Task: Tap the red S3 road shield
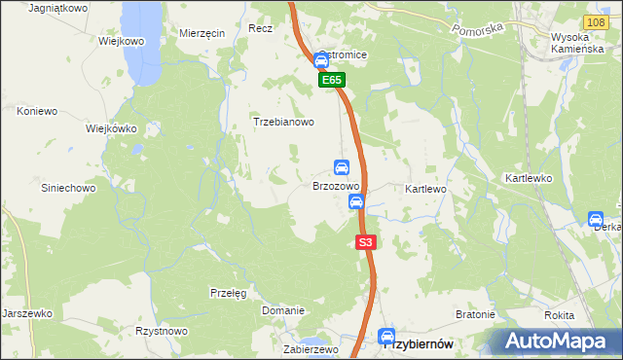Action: (x=365, y=242)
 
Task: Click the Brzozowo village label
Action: (x=336, y=185)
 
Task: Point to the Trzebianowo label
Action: (x=283, y=123)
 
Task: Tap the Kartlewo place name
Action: (x=424, y=188)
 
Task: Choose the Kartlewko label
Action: (x=529, y=179)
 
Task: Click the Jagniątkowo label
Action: (x=58, y=7)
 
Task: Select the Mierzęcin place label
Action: (x=202, y=32)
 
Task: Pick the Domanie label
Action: (x=283, y=310)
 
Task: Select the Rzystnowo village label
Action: (x=162, y=331)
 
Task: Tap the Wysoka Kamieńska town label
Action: (x=578, y=42)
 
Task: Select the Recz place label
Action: (x=260, y=29)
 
